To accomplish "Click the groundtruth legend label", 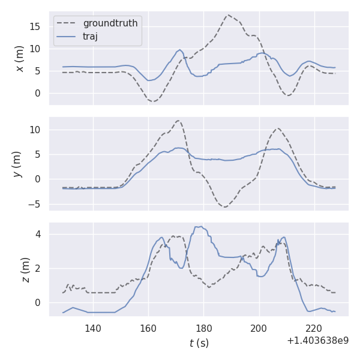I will click(x=110, y=23).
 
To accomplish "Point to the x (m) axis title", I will click(x=20, y=58).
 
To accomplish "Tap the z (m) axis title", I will click(x=26, y=269).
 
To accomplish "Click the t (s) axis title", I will click(x=199, y=343).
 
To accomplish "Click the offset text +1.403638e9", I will click(x=317, y=341).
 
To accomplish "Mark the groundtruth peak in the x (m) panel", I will click(x=229, y=15).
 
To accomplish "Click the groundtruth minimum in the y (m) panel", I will click(x=224, y=206).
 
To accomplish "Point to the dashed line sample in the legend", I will click(x=67, y=23).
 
